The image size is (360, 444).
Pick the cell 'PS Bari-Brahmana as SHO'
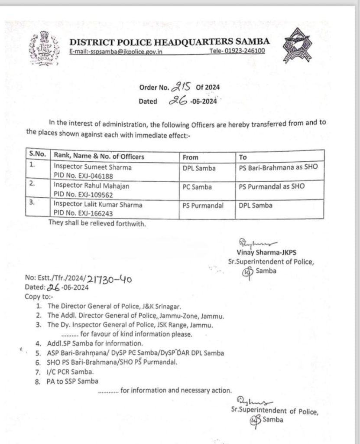pyautogui.click(x=278, y=166)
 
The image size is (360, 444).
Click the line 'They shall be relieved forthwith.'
pyautogui.click(x=97, y=224)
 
